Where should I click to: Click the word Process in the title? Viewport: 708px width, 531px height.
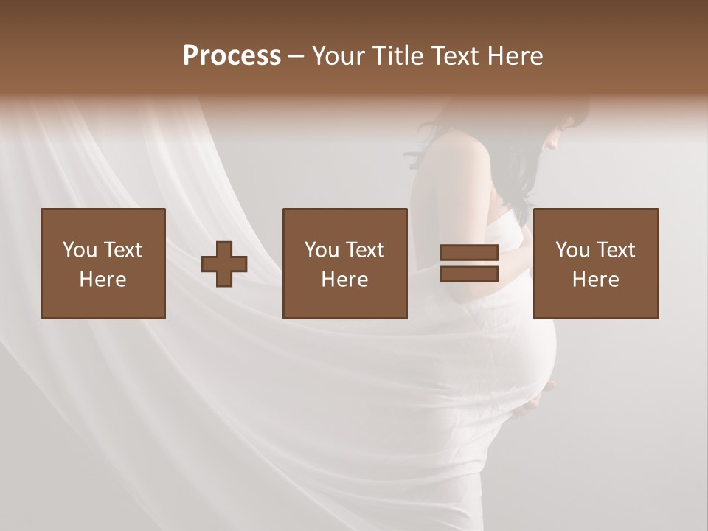(232, 56)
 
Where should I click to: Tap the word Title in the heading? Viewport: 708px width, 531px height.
(397, 56)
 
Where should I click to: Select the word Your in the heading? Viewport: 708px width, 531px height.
(338, 56)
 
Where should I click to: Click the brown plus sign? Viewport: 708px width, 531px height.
(224, 264)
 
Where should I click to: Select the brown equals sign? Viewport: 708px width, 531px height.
(469, 263)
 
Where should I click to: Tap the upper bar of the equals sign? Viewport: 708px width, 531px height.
(469, 253)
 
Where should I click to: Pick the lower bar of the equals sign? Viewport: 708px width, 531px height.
(469, 274)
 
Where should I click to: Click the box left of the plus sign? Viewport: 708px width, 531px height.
(103, 263)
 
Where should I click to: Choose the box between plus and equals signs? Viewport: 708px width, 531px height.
(344, 263)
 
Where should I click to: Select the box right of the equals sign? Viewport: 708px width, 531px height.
(595, 263)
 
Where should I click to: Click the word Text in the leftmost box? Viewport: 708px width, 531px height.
(122, 250)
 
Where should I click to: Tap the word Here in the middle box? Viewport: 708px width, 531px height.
(344, 280)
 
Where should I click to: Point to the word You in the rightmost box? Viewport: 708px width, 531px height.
(572, 250)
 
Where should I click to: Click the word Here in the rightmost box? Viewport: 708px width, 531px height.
(595, 280)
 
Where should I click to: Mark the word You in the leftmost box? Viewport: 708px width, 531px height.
(80, 250)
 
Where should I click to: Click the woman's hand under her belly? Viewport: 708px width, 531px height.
(535, 399)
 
